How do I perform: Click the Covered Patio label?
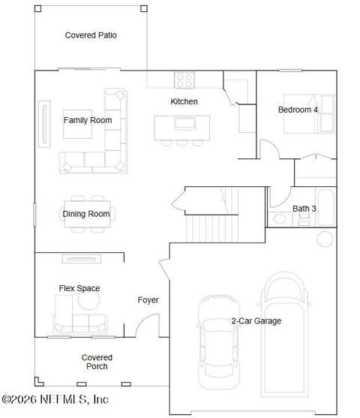click(x=91, y=35)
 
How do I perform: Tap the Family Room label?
click(x=88, y=120)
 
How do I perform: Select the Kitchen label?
click(x=184, y=101)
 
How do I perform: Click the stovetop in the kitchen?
click(x=184, y=80)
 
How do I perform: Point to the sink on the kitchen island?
click(x=185, y=124)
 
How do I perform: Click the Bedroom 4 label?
click(x=298, y=110)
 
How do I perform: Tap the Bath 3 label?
click(x=304, y=209)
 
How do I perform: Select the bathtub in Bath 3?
click(x=326, y=207)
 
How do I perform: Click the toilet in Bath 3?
click(x=304, y=219)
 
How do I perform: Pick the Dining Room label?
click(x=86, y=214)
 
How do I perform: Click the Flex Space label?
click(x=79, y=288)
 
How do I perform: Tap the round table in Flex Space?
click(x=89, y=300)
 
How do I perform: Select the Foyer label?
click(x=148, y=300)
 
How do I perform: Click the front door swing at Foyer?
click(x=143, y=320)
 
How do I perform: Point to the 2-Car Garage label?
click(x=256, y=320)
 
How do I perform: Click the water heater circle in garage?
click(x=325, y=239)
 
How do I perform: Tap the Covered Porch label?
click(x=97, y=362)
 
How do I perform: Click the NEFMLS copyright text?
click(x=55, y=399)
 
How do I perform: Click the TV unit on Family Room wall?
click(x=44, y=124)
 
